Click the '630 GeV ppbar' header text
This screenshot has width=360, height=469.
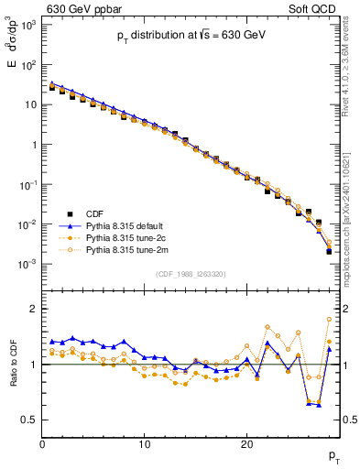pos(80,8)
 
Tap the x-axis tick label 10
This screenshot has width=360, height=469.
pos(144,444)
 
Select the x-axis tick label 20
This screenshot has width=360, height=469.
pos(246,444)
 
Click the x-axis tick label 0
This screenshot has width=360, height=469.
pos(42,444)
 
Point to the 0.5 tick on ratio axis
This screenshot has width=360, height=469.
pos(29,420)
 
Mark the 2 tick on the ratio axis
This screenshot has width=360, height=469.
pos(33,309)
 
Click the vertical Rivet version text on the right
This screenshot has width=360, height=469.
pos(352,73)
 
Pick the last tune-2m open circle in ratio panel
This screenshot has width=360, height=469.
pos(329,319)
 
